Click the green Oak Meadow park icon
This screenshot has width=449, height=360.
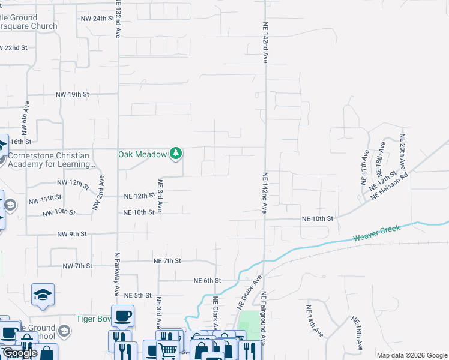[x=175, y=154]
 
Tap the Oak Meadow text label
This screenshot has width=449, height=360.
[x=142, y=154]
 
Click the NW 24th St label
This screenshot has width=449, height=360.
[x=97, y=19]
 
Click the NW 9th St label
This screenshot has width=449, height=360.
[x=72, y=233]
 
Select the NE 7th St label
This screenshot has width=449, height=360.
[x=167, y=261]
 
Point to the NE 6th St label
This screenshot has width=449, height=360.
[x=208, y=280]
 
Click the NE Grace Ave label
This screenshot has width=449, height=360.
[x=250, y=292]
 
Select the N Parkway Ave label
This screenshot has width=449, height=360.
[x=118, y=274]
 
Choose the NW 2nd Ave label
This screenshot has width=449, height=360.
[x=98, y=192]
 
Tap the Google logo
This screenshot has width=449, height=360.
[x=19, y=353]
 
